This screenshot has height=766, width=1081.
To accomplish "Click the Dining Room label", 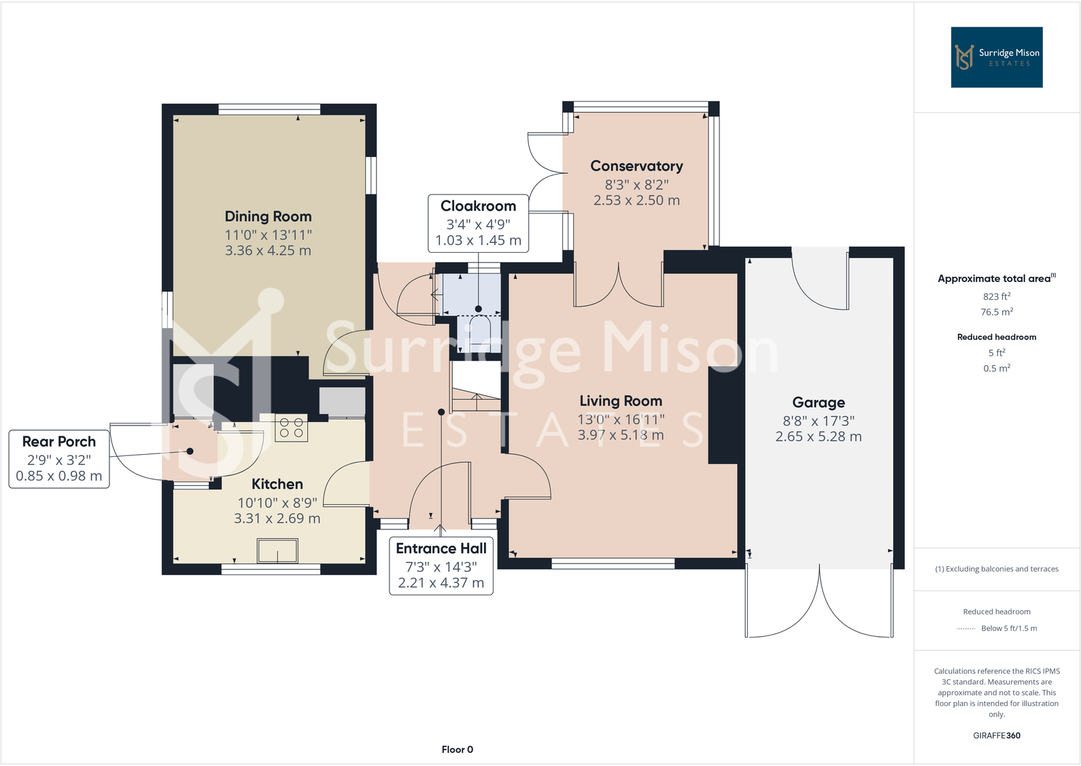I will click(x=268, y=216).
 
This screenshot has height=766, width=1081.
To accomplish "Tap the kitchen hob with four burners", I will click(x=291, y=428).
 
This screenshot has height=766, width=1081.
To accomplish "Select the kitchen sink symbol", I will click(x=277, y=551).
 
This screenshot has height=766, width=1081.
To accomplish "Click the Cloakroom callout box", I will click(x=478, y=223).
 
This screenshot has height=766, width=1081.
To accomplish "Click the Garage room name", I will click(x=819, y=402).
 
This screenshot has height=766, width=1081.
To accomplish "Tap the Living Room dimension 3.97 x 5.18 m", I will click(x=620, y=435).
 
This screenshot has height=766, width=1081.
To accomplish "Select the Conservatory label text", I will click(x=636, y=166).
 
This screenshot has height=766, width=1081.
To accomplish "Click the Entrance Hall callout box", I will click(x=441, y=565).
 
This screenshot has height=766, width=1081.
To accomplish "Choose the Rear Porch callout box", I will click(x=59, y=459).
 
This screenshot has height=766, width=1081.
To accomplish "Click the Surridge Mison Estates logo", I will click(x=996, y=57).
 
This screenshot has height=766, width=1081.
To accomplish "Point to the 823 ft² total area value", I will click(x=996, y=296).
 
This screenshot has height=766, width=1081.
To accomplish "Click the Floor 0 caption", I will click(x=457, y=749).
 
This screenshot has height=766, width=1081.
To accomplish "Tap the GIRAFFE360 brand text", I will click(x=996, y=735).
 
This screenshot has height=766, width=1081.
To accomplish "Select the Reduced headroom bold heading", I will click(x=996, y=337).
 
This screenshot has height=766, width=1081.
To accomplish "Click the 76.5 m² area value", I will click(x=996, y=312).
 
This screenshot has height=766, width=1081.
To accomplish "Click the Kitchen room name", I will click(x=277, y=484).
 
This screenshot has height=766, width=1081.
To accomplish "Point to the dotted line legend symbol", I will click(x=965, y=629).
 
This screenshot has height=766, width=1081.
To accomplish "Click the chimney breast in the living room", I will click(x=722, y=415).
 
